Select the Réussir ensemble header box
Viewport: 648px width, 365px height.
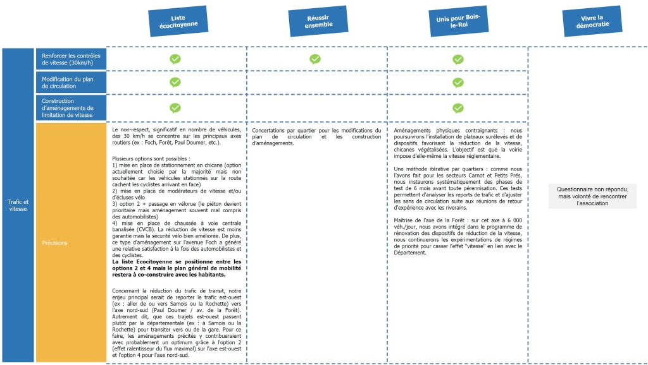click(318, 21)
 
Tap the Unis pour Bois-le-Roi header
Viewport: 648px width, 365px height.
click(458, 23)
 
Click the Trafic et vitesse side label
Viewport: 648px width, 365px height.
click(18, 205)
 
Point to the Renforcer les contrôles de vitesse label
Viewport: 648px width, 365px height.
click(70, 59)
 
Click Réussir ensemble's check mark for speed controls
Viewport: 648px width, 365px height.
click(315, 59)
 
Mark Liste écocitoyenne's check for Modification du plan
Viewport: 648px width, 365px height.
click(175, 82)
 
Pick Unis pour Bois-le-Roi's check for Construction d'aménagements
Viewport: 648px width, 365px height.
click(458, 107)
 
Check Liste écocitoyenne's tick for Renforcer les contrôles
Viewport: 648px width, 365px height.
click(175, 59)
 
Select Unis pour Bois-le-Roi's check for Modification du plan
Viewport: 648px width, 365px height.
click(458, 82)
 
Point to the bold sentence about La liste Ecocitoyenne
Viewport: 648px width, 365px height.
click(176, 268)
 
